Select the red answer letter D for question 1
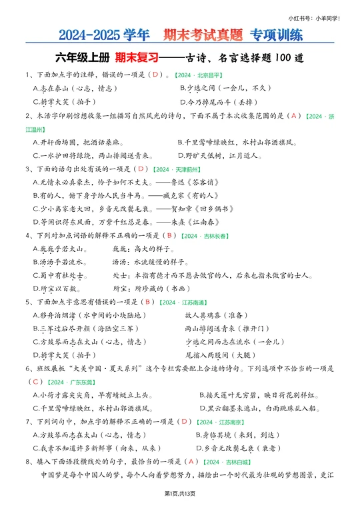pos(155,75)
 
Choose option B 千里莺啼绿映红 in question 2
pos(237,142)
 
